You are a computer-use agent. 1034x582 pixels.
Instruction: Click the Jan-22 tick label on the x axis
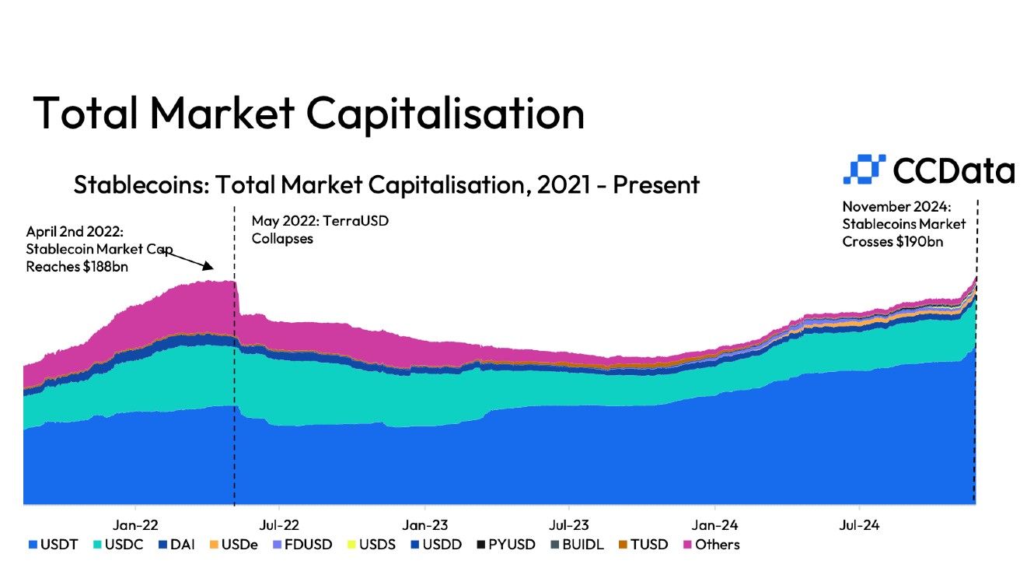click(135, 525)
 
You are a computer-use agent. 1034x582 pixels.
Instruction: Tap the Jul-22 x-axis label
click(279, 525)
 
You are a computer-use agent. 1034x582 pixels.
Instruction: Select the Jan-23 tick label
click(425, 525)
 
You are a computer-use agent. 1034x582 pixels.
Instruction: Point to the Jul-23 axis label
click(569, 525)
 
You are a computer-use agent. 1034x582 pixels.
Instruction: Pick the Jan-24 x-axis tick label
click(715, 525)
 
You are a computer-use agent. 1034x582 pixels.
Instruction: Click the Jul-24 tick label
click(858, 525)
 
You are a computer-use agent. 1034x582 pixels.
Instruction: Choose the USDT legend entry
click(54, 545)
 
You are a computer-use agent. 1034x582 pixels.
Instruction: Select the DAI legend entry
click(176, 545)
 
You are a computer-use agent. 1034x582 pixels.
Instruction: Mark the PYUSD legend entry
click(506, 545)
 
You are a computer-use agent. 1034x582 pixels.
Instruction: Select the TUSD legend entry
click(643, 545)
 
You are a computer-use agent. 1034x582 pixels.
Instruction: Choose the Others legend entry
click(711, 545)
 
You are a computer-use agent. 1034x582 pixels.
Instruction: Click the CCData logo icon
click(865, 170)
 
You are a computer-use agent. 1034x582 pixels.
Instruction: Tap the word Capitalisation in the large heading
click(445, 113)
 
